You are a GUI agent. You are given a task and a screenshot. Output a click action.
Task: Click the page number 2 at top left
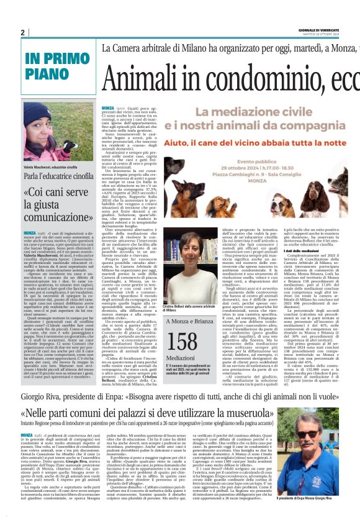[x=22, y=32]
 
